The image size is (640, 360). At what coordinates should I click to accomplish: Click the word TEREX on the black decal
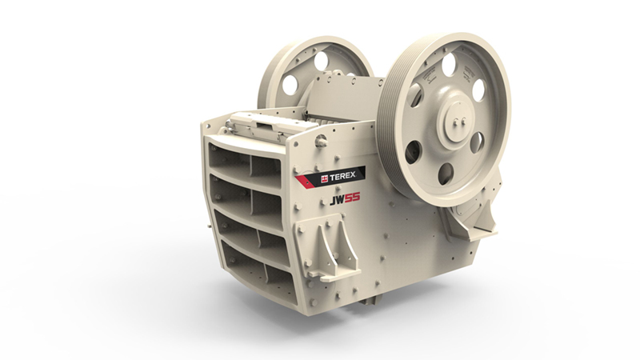pyautogui.click(x=343, y=176)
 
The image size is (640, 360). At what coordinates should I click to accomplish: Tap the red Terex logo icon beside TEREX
pyautogui.click(x=325, y=178)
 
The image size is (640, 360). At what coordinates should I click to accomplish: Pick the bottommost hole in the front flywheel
pyautogui.click(x=446, y=172)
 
